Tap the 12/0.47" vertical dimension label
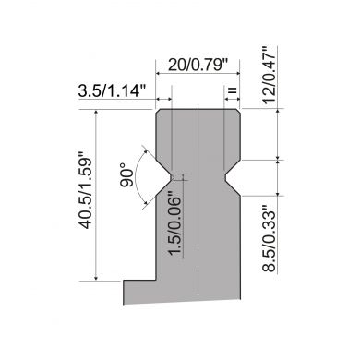point(270,75)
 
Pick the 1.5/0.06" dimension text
point(174,225)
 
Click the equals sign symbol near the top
point(233,90)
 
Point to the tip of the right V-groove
point(225,177)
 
